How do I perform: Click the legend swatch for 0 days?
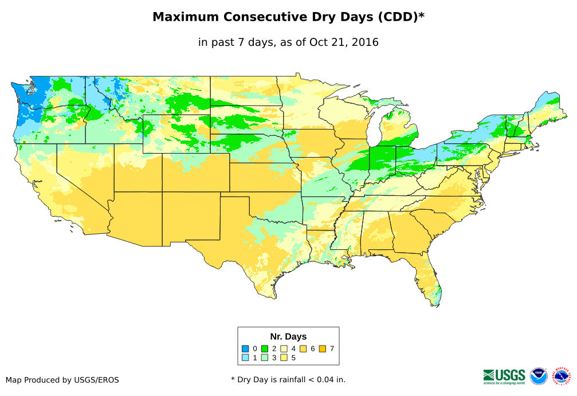pyautogui.click(x=245, y=348)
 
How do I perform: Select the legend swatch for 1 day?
pyautogui.click(x=245, y=358)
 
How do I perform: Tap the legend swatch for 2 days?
pyautogui.click(x=265, y=348)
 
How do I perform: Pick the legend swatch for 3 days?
pyautogui.click(x=265, y=358)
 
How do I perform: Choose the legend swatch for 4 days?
pyautogui.click(x=284, y=348)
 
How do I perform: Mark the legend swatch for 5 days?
pyautogui.click(x=284, y=358)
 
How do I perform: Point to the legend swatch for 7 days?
pyautogui.click(x=323, y=348)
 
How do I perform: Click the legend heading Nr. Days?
pyautogui.click(x=288, y=336)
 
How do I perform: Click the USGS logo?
pyautogui.click(x=504, y=376)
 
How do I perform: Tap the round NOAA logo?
pyautogui.click(x=539, y=376)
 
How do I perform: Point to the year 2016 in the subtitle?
pyautogui.click(x=365, y=42)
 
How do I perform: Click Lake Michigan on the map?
pyautogui.click(x=373, y=130)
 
